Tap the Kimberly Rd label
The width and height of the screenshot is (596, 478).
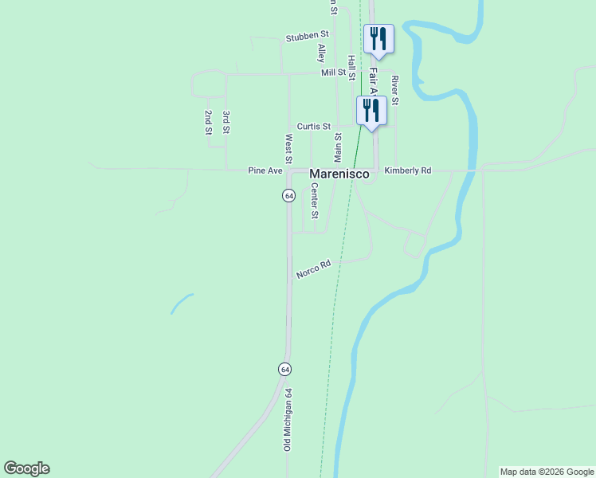(407, 170)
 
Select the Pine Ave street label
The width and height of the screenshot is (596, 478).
(265, 170)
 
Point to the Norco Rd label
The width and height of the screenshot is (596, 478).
(313, 269)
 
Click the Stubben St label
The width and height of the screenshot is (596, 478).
(308, 36)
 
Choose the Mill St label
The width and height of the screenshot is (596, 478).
(334, 72)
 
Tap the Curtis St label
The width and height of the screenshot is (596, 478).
(314, 127)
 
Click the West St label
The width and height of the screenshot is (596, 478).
(288, 145)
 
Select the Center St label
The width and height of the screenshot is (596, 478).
(315, 201)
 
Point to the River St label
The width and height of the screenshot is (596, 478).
(394, 90)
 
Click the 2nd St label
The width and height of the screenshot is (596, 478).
(208, 122)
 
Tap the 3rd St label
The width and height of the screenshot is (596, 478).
(226, 122)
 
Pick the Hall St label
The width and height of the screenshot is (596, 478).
(351, 66)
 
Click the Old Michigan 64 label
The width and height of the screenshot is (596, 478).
(288, 420)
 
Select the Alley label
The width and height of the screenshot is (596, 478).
(321, 53)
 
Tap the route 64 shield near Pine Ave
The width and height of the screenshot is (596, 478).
(288, 195)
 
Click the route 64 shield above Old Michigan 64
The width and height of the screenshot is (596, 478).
(285, 369)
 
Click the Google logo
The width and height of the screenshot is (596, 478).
(26, 468)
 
